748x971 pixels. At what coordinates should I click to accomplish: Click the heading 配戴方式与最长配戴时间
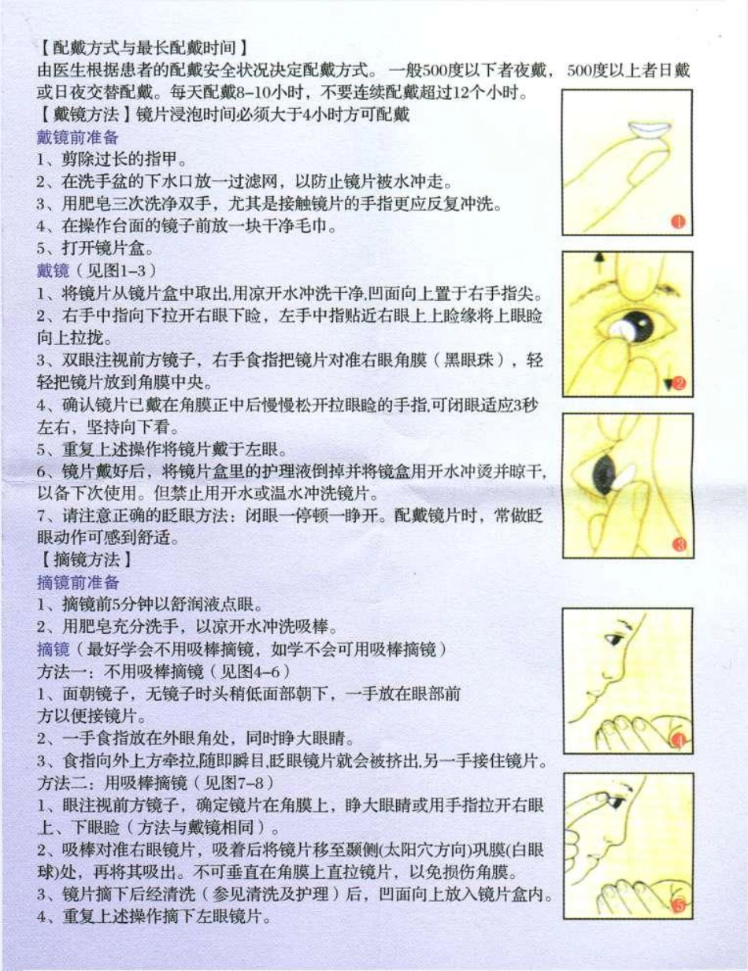[x=145, y=46]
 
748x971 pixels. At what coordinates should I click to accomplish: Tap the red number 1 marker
[x=678, y=223]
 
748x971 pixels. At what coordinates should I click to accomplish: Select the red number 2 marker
[x=678, y=384]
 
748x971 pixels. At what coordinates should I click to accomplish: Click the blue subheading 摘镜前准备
[x=77, y=583]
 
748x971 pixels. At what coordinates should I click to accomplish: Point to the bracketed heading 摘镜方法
[x=83, y=561]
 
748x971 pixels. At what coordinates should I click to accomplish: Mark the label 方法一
[x=60, y=672]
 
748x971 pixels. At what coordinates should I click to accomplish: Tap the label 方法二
[x=60, y=783]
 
